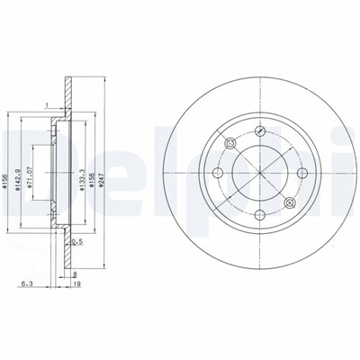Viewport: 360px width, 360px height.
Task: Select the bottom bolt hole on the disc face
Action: click(x=261, y=214)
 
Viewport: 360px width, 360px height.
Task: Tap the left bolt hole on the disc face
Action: click(x=217, y=171)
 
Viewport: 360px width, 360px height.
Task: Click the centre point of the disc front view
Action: click(x=261, y=171)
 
